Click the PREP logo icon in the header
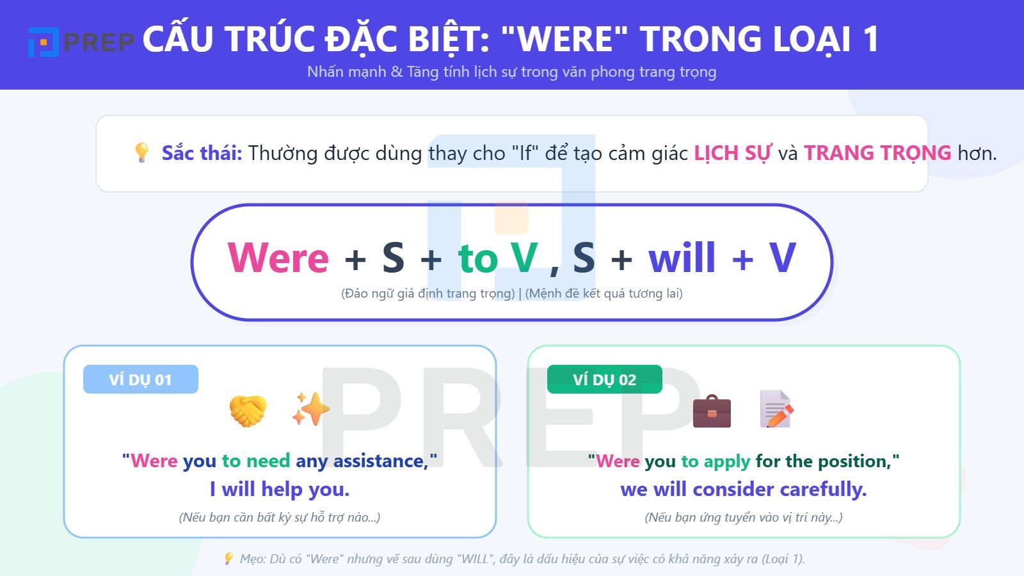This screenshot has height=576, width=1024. coord(44,42)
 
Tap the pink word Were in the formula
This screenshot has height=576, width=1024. coord(278,258)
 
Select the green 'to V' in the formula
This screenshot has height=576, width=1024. coord(497,258)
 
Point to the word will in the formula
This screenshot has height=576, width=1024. coord(682,258)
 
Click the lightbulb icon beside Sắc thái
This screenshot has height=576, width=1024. coord(141,152)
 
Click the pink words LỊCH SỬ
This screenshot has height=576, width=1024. coord(733,153)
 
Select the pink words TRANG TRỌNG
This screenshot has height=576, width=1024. coord(877,153)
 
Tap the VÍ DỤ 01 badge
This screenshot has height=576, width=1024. coord(140,380)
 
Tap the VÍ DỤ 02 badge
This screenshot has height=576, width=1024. coord(604,380)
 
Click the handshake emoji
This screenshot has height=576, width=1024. coord(248,410)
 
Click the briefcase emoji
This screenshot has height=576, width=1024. coord(712,410)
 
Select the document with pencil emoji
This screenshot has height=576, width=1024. coord(776,409)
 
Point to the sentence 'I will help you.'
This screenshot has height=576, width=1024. coord(280,490)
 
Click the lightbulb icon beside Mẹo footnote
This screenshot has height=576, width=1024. coord(228,559)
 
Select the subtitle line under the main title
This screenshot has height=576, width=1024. coord(511,72)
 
